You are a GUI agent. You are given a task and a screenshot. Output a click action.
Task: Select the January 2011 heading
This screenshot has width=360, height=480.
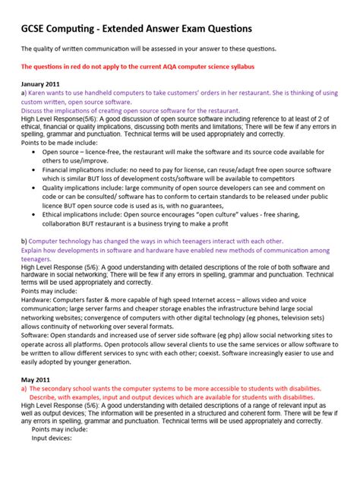[x=41, y=83]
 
